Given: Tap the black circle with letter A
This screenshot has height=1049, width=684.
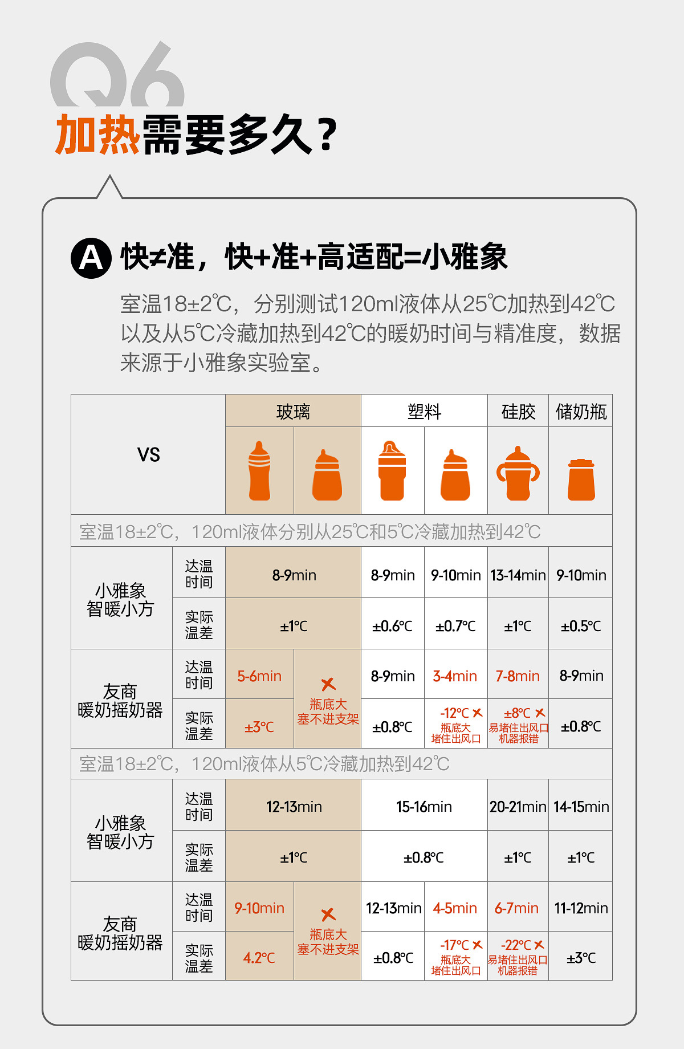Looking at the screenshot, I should click(x=91, y=258).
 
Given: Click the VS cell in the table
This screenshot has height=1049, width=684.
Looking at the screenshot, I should click(x=148, y=454).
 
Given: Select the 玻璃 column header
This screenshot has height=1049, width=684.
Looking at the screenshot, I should click(x=293, y=411).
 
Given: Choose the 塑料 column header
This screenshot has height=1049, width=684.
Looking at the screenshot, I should click(x=424, y=411).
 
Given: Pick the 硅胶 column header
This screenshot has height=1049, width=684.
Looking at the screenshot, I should click(x=518, y=411).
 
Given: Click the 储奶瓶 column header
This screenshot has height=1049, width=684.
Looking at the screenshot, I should click(x=581, y=411).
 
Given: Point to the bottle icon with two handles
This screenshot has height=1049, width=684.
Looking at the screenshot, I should click(x=518, y=473).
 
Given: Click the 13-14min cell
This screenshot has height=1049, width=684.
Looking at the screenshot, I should click(x=518, y=575).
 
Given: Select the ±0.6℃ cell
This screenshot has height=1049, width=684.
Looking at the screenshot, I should click(x=392, y=626).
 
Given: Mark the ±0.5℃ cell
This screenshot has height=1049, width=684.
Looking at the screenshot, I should click(x=581, y=626).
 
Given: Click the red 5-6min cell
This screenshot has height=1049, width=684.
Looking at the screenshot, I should click(x=259, y=676).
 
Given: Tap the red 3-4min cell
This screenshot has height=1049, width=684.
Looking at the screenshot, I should click(x=455, y=676).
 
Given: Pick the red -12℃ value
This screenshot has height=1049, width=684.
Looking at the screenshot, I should click(x=455, y=713).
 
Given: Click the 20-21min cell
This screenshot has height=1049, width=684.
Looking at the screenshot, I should click(x=518, y=807).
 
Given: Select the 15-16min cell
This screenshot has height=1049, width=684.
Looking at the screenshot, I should click(x=424, y=807).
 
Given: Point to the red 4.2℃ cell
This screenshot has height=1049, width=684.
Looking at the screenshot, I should click(x=259, y=958).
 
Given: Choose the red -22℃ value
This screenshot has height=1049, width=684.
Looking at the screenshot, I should click(x=516, y=945).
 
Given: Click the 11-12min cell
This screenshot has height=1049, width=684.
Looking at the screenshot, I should click(x=581, y=908).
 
